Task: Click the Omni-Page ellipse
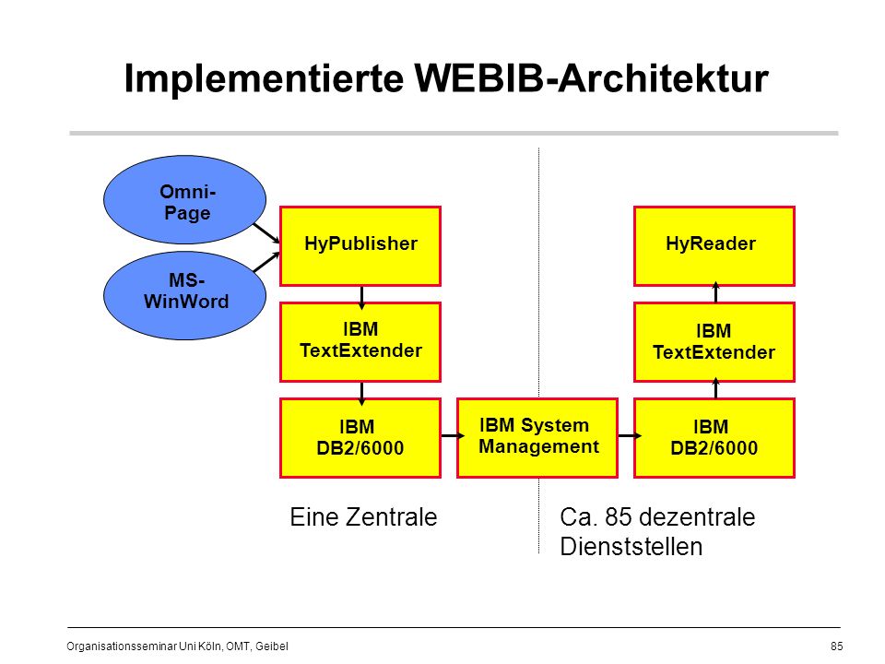coord(184,200)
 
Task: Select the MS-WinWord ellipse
coord(184,295)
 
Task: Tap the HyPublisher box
coord(360,246)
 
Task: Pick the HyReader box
coord(714,246)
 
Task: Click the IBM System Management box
coord(537,437)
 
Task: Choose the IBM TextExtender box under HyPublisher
coord(360,342)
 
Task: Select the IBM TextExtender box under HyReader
coord(714,342)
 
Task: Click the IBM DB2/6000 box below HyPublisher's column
coord(360,437)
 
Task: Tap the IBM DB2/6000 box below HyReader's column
coord(714,437)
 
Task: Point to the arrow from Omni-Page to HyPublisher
coord(266,233)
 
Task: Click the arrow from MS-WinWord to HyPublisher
coord(266,262)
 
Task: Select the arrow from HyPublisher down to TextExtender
coord(361,298)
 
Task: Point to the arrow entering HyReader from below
coord(715,292)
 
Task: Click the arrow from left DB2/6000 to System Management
coord(453,435)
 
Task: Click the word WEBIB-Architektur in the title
coord(591,77)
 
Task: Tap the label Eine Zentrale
coord(363,516)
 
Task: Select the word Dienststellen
coord(631,547)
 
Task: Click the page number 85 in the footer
coord(836,646)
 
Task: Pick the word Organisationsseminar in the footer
coord(122,646)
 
